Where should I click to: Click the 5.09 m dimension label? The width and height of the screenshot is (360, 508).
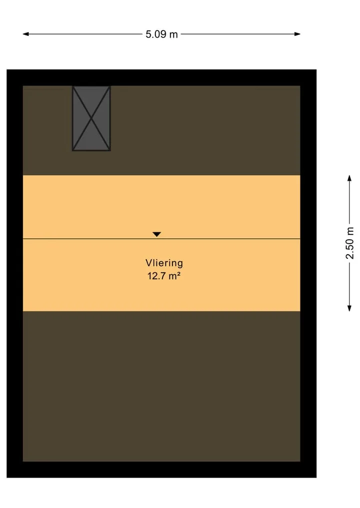pos(161,34)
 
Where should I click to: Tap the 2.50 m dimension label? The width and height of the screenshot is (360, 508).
pos(349,243)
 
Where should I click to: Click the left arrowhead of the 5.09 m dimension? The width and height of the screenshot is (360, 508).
pos(25,34)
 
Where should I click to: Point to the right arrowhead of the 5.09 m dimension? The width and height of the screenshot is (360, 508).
pos(297,34)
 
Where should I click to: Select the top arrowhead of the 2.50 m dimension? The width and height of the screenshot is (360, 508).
pos(349,178)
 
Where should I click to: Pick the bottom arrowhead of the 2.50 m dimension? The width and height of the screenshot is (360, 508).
pos(349,308)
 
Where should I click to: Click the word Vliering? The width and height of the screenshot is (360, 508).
pos(164,263)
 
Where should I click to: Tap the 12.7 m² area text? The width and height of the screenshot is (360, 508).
pos(164,276)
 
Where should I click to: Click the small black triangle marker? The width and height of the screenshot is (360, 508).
pos(156,234)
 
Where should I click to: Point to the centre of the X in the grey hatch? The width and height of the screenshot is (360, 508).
pos(91,118)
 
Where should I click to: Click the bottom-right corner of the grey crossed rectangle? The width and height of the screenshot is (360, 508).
pos(110,151)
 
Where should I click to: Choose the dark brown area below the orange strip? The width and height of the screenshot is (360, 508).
pos(161,386)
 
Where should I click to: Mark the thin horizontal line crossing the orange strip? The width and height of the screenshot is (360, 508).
pos(161,239)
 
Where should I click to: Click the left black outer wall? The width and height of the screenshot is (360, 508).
pos(14,273)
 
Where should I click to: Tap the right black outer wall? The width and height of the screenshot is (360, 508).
pos(308,273)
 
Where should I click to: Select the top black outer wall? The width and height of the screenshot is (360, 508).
pos(161,77)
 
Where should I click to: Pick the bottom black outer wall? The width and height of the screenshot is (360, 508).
pos(161,470)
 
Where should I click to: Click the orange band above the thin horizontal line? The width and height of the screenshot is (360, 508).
pos(161,207)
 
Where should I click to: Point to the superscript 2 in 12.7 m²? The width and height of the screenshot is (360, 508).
pos(178,274)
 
